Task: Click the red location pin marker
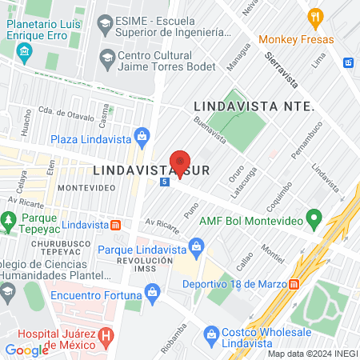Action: [180, 163]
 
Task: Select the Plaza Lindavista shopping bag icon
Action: [142, 135]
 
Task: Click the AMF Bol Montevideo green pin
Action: [314, 217]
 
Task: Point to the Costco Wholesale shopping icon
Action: [210, 332]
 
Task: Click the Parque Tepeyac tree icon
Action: [10, 218]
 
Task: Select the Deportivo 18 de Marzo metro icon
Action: [294, 282]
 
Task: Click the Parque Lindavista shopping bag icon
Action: [195, 245]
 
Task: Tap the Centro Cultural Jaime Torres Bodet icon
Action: [106, 57]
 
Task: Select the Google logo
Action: [27, 350]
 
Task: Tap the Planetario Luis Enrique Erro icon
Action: [24, 54]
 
